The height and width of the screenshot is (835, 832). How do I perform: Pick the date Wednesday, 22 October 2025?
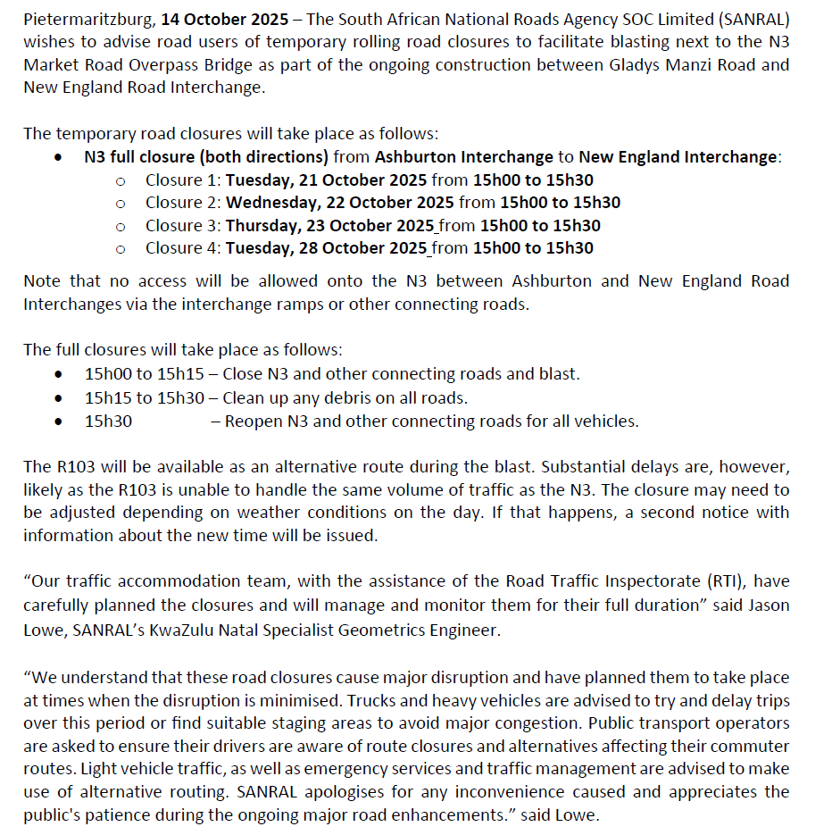[x=340, y=203]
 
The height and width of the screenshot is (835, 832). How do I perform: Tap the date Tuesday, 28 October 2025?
[x=326, y=248]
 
